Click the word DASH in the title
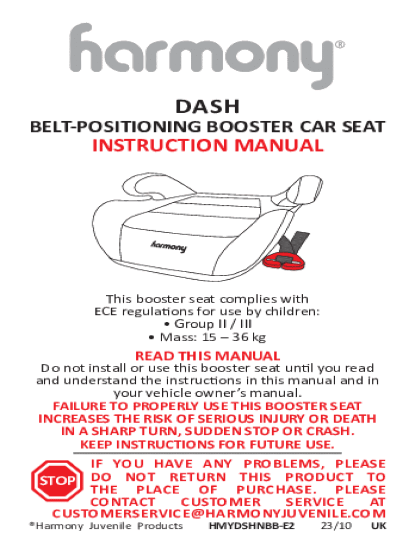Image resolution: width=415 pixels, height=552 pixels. tap(207, 106)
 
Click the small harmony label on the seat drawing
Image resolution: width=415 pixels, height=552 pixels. tap(169, 246)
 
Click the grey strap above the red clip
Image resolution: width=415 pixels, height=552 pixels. tap(294, 241)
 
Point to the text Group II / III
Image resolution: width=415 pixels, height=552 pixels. tap(213, 324)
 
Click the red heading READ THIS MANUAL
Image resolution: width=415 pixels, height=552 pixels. tap(207, 356)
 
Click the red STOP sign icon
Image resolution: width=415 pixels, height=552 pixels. tap(57, 480)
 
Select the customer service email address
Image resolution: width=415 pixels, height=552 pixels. tap(219, 513)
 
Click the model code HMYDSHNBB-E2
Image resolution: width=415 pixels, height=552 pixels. tap(251, 526)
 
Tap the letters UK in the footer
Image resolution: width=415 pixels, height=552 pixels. tap(379, 526)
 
